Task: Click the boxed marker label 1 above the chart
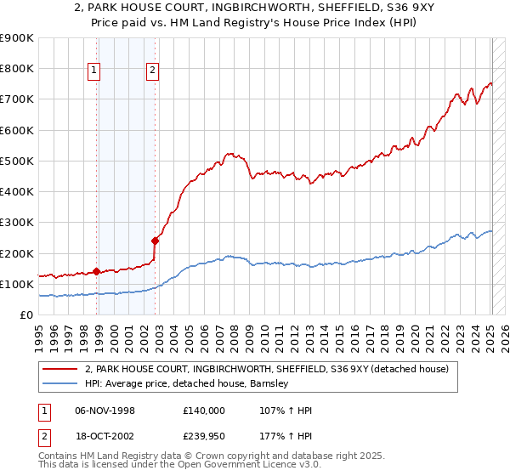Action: coord(93,71)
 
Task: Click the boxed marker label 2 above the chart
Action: coord(152,71)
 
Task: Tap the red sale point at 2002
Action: coord(156,241)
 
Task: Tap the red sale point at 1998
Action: coord(96,272)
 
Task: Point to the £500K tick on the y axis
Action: coord(17,161)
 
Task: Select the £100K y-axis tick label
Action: coord(17,284)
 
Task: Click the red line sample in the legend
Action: coord(60,369)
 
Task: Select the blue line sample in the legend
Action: coord(60,383)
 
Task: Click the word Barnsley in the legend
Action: coord(270,383)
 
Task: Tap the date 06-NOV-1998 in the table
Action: coord(105,411)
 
